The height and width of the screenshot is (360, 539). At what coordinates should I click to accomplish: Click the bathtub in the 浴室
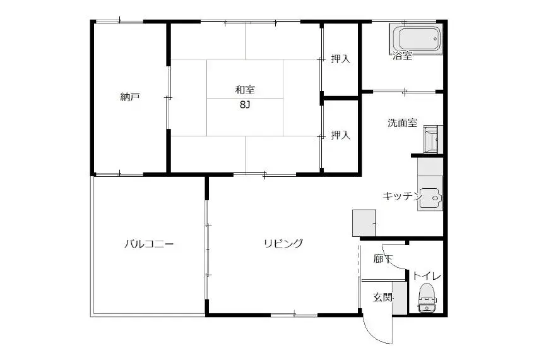tap(415, 38)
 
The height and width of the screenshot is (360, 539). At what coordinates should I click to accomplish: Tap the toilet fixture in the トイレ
tap(427, 297)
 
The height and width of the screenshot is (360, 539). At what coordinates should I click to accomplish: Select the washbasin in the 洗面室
tap(431, 140)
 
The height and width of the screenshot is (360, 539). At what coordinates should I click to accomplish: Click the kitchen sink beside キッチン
tap(430, 197)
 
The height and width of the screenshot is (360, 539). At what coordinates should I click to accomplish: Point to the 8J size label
tap(245, 105)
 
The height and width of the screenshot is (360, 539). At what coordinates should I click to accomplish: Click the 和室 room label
tap(245, 90)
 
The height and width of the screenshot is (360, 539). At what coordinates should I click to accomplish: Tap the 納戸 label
tap(130, 97)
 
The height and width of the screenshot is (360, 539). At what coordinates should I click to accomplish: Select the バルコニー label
tap(149, 244)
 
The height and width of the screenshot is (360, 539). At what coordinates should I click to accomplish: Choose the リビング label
tap(283, 243)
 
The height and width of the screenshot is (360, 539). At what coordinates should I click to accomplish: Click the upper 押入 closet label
tap(341, 59)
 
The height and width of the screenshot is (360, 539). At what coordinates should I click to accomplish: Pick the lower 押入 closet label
tap(341, 135)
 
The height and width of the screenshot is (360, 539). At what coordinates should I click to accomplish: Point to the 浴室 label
tap(403, 56)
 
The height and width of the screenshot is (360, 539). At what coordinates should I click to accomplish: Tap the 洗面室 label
tap(403, 123)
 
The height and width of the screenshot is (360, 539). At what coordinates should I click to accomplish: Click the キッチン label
tap(402, 196)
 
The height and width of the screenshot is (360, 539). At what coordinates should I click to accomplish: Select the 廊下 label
tap(383, 259)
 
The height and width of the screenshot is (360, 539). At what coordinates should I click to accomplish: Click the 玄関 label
tap(383, 297)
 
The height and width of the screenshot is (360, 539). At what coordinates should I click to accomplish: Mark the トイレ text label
tap(427, 276)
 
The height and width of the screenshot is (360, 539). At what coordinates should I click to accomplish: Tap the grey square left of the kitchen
tap(364, 223)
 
